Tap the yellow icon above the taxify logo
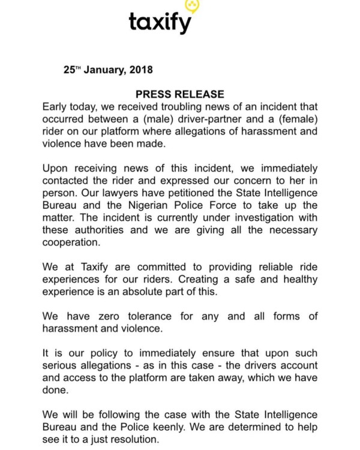pyautogui.click(x=192, y=6)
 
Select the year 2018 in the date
pyautogui.click(x=139, y=70)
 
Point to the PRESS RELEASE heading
pyautogui.click(x=180, y=94)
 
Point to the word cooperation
pyautogui.click(x=71, y=244)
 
